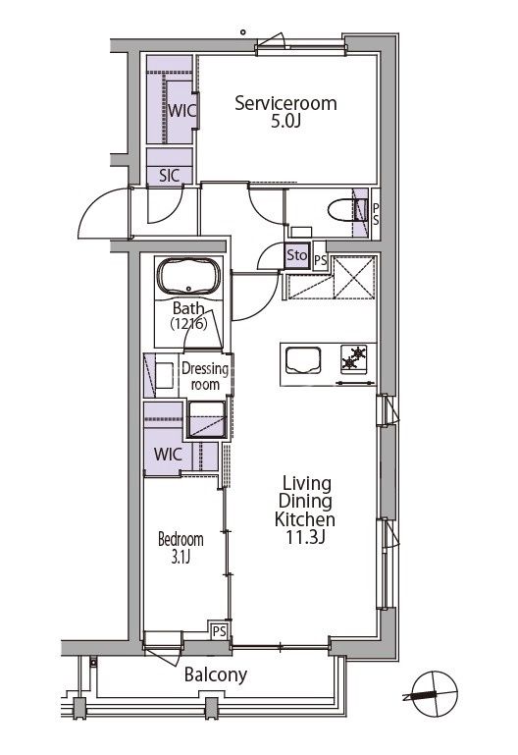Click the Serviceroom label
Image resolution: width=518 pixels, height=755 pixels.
[x=285, y=103]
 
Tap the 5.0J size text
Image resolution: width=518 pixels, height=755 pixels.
[x=285, y=122]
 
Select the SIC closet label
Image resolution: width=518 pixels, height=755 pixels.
[x=170, y=176]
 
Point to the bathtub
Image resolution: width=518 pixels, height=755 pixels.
[x=188, y=277]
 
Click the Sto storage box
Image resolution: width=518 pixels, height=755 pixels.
[x=296, y=255]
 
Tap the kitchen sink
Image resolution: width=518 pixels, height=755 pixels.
[x=303, y=360]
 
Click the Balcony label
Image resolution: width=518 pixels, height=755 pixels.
[x=216, y=674]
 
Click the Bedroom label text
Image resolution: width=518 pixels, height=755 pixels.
[x=181, y=539]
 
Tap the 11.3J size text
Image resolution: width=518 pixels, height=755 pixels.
[x=306, y=537]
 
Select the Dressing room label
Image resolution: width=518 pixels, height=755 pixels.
[x=205, y=377]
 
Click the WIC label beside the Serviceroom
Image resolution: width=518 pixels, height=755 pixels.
[x=181, y=111]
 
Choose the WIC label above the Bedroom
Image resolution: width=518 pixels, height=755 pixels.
[x=168, y=454]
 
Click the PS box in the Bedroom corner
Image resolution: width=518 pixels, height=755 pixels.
[x=220, y=630]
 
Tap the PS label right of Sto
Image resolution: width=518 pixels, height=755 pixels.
[x=321, y=261]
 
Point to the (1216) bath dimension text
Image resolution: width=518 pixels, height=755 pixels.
[x=189, y=324]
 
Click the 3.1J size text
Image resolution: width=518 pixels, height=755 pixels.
[x=181, y=557]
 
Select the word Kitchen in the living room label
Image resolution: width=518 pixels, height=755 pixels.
[x=305, y=519]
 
